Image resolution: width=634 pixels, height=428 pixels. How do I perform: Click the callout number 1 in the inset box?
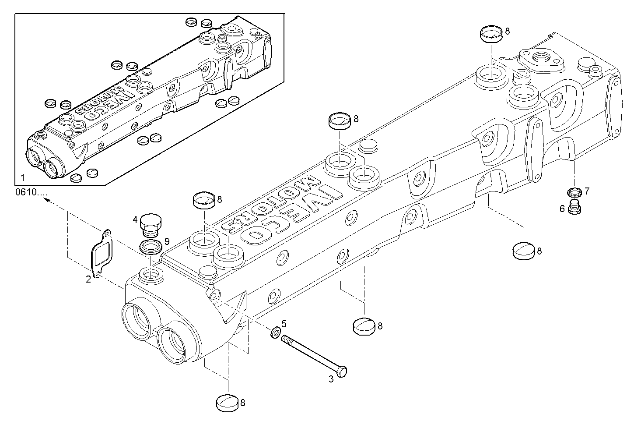pyautogui.click(x=22, y=178)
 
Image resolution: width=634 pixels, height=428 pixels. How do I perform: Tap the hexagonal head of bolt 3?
pyautogui.click(x=343, y=372)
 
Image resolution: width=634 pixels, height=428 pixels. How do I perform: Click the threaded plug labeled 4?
pyautogui.click(x=150, y=224)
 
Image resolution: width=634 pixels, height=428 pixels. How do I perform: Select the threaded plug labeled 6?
pyautogui.click(x=574, y=207)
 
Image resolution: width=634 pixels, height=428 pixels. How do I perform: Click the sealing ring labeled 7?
pyautogui.click(x=574, y=192)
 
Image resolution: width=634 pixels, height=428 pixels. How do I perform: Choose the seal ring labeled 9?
pyautogui.click(x=150, y=247)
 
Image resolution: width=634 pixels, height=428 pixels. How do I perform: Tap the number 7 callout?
pyautogui.click(x=587, y=191)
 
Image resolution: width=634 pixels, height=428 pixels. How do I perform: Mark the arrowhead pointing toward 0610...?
pyautogui.click(x=46, y=200)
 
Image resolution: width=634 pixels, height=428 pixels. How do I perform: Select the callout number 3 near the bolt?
pyautogui.click(x=331, y=379)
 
